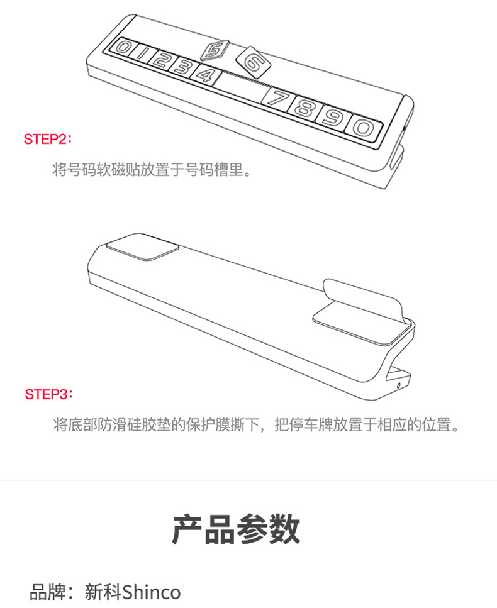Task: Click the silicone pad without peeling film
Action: [142, 246]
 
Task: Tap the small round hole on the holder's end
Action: [399, 385]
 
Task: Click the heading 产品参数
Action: [237, 529]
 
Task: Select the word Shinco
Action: [152, 592]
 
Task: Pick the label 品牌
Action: [48, 592]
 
